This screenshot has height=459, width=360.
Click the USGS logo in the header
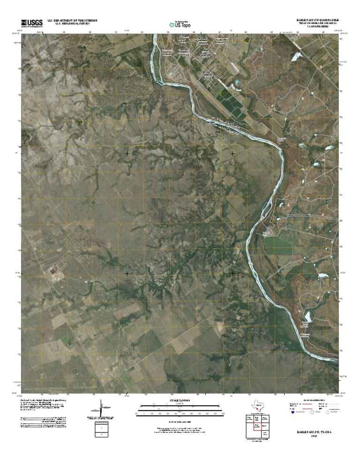pos(32,23)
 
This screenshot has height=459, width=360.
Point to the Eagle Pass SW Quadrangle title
pos(317,20)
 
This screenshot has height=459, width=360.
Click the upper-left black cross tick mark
pos(127,153)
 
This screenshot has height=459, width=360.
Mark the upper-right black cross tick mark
pos(233,153)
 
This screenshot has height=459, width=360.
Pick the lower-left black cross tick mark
pos(127,273)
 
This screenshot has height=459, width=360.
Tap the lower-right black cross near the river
pos(233,273)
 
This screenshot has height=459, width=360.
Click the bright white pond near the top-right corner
pos(296,57)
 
